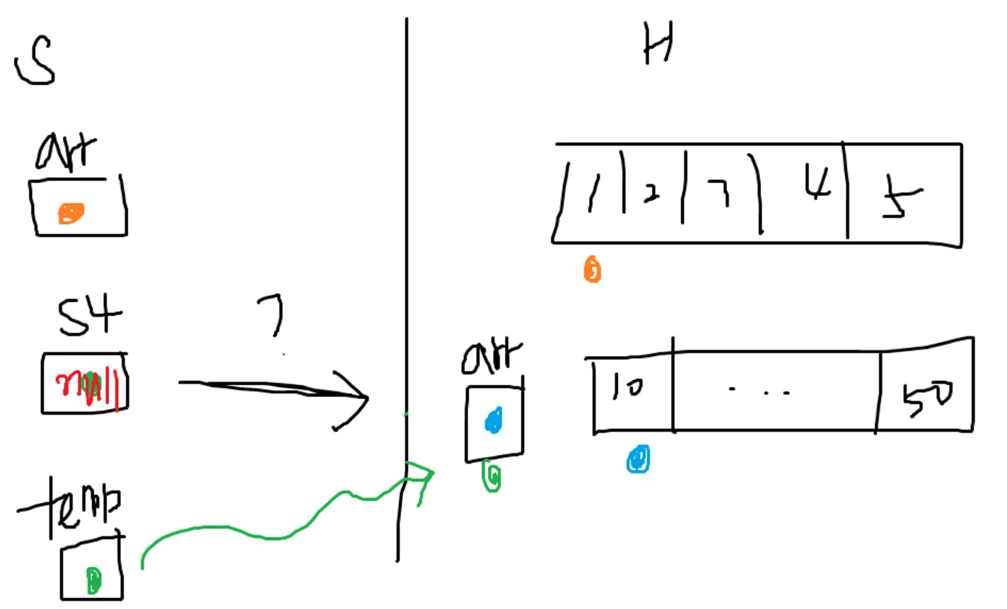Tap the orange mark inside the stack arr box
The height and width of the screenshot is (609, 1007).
70,213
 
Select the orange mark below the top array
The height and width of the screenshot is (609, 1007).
593,270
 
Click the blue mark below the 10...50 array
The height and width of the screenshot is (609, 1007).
639,459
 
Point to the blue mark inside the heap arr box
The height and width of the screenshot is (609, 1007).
494,421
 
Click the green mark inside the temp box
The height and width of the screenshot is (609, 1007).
93,580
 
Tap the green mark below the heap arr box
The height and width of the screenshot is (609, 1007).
492,477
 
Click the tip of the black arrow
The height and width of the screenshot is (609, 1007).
368,398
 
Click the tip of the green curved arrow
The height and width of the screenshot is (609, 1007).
432,473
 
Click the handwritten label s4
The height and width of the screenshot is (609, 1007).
89,315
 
